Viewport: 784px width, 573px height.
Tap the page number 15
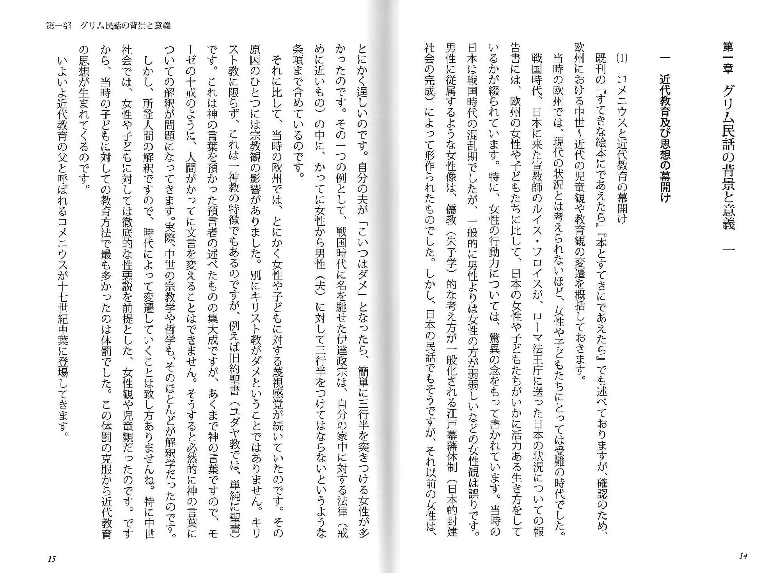(x=51, y=559)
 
